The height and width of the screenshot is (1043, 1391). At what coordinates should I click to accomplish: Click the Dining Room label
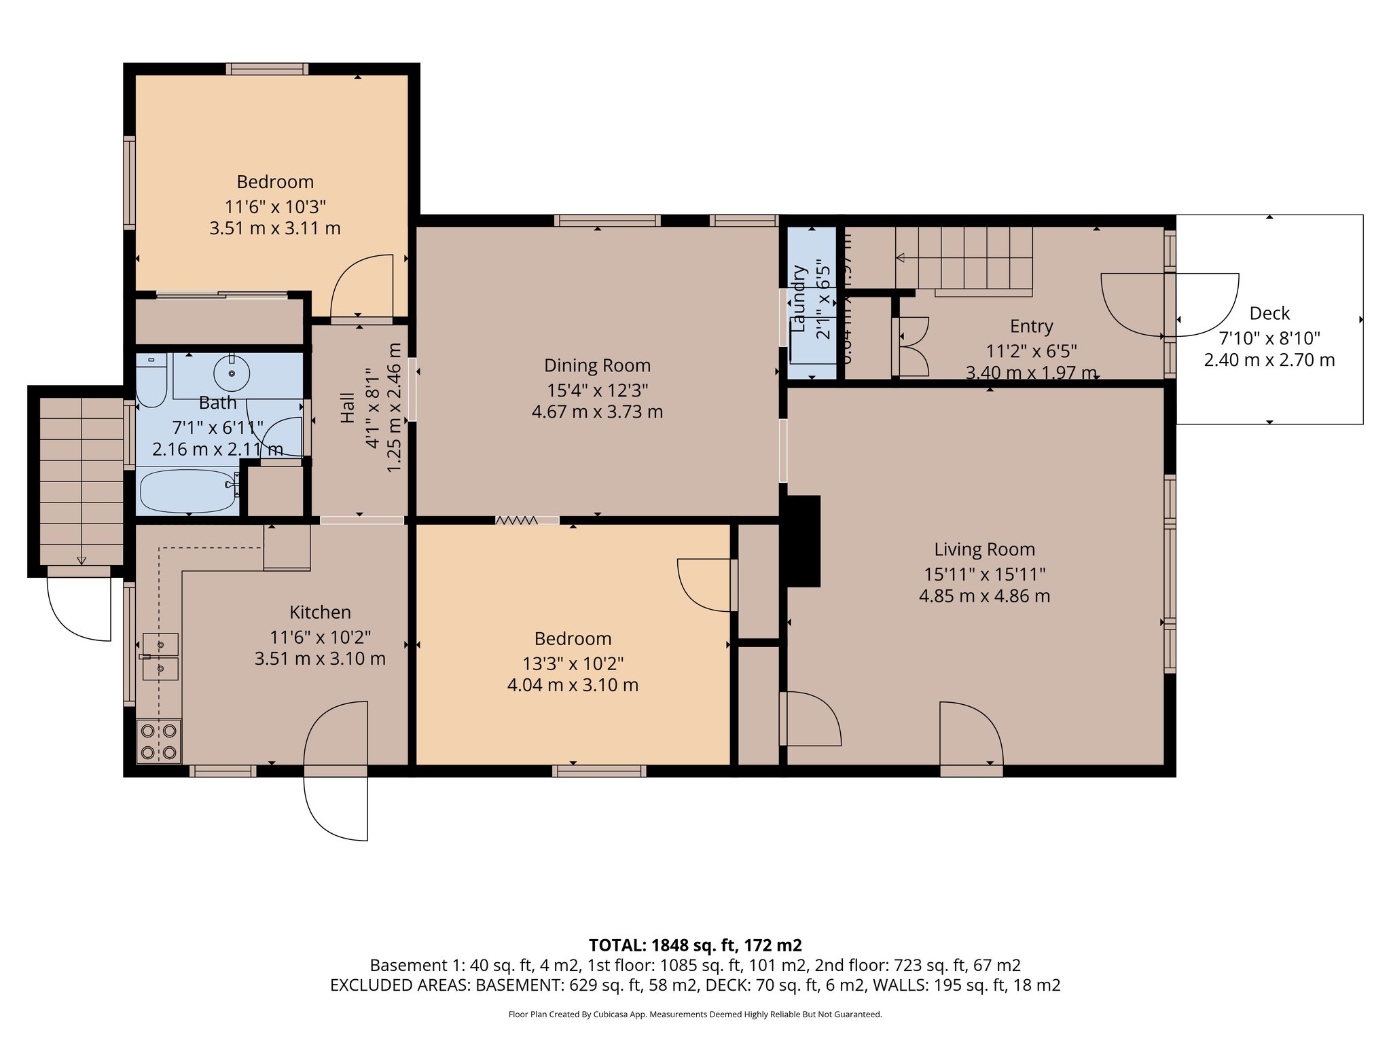(597, 365)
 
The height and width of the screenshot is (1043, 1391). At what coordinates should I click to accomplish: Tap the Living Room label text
(984, 549)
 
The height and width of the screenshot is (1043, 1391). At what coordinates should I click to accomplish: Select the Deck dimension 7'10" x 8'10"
(1269, 337)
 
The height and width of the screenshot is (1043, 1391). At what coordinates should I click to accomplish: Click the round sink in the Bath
(232, 373)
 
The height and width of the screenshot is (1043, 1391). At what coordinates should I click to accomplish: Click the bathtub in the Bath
(187, 491)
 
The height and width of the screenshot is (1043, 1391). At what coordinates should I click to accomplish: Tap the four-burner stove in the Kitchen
(159, 742)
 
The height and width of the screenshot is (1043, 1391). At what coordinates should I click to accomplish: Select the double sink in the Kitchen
(160, 657)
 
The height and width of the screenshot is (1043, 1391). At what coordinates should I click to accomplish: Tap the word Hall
(347, 407)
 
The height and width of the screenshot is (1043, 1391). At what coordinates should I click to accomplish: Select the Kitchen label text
(320, 612)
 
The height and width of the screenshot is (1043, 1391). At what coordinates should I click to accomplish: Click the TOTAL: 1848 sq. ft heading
(695, 945)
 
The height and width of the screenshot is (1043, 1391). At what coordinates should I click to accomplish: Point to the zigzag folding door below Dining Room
(516, 520)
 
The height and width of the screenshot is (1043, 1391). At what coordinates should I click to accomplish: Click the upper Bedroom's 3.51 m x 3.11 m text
(275, 228)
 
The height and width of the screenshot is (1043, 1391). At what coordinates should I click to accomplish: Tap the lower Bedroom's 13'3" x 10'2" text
(573, 663)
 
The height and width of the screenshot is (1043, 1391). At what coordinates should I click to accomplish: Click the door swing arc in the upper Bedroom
(361, 285)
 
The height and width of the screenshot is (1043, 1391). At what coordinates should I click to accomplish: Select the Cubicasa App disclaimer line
(695, 1014)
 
